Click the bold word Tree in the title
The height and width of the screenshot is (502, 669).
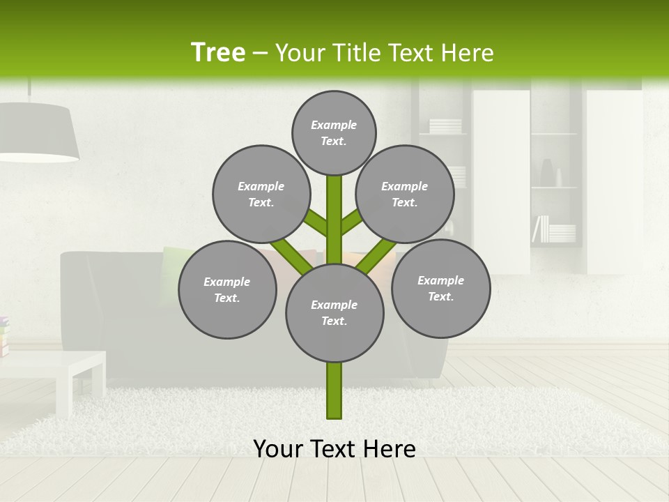click(x=218, y=52)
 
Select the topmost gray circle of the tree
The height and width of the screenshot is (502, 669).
click(x=334, y=132)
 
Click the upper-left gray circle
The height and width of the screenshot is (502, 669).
click(x=261, y=194)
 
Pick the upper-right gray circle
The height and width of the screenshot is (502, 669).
click(x=404, y=194)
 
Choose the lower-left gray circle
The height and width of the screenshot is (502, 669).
click(x=226, y=289)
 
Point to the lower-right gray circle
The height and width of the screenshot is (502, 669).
click(x=440, y=288)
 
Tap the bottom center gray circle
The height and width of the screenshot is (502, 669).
click(x=334, y=312)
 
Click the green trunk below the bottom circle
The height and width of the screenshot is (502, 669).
click(x=334, y=390)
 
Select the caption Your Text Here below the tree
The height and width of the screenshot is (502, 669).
click(x=334, y=448)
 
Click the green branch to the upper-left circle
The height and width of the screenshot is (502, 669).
click(x=315, y=223)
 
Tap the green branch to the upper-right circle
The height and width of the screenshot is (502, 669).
click(x=352, y=222)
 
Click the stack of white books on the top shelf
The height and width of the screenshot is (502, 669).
click(x=445, y=126)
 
